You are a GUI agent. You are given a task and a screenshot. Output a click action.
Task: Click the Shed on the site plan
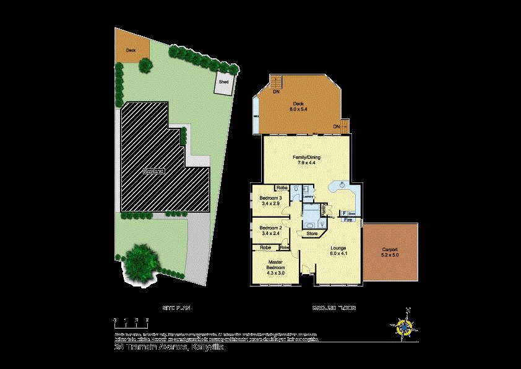pos(223,83)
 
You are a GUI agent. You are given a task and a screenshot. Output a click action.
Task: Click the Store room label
pos(312,234)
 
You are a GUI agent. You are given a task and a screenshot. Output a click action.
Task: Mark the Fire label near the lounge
pos(348,220)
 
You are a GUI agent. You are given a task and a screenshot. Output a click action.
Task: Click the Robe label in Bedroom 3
pos(282,187)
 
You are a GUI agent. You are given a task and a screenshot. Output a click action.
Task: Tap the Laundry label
pos(308,197)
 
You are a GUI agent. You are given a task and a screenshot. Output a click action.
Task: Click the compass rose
pos(405,326)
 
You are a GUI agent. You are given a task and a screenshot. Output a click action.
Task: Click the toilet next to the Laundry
pos(296,188)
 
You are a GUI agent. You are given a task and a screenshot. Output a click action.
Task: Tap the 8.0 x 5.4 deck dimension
pos(298,109)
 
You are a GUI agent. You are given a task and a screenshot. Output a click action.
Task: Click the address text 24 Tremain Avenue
pos(169,348)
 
